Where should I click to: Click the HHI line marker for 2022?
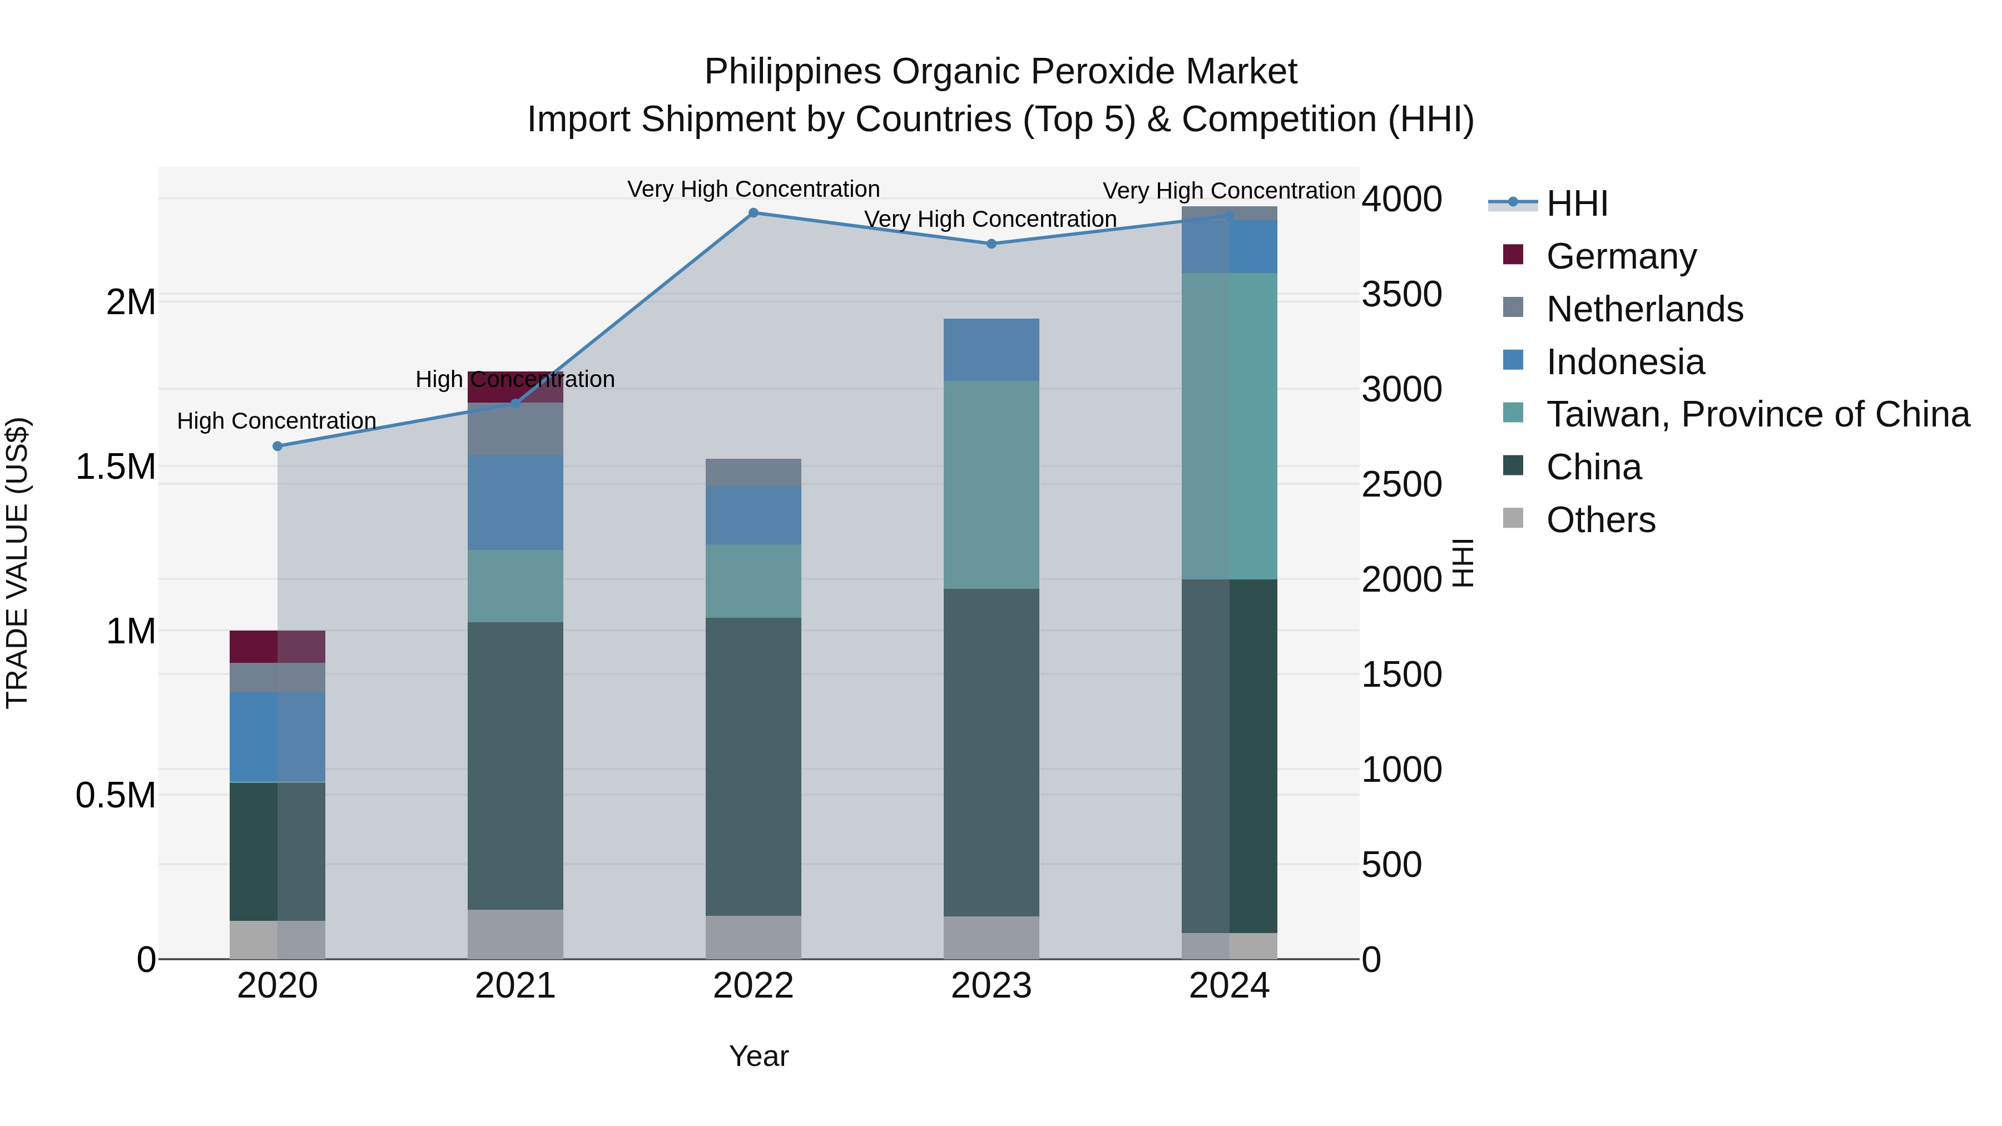[x=753, y=213]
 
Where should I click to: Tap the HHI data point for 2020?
[x=277, y=446]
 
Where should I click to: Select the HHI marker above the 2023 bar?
[x=991, y=244]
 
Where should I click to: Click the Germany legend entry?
[x=1621, y=256]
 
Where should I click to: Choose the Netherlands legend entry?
[x=1644, y=309]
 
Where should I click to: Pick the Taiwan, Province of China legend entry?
[x=1756, y=414]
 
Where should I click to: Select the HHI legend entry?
[x=1576, y=204]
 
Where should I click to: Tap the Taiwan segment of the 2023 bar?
[x=991, y=484]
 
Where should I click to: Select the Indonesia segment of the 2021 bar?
[x=516, y=502]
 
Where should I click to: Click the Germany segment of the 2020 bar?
[x=277, y=647]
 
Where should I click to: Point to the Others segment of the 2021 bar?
[x=516, y=934]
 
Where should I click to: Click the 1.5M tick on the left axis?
[x=115, y=467]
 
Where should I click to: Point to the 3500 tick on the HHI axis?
[x=1402, y=295]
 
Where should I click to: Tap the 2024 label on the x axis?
[x=1228, y=986]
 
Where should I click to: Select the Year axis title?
[x=759, y=1056]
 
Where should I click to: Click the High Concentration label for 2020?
[x=277, y=421]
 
